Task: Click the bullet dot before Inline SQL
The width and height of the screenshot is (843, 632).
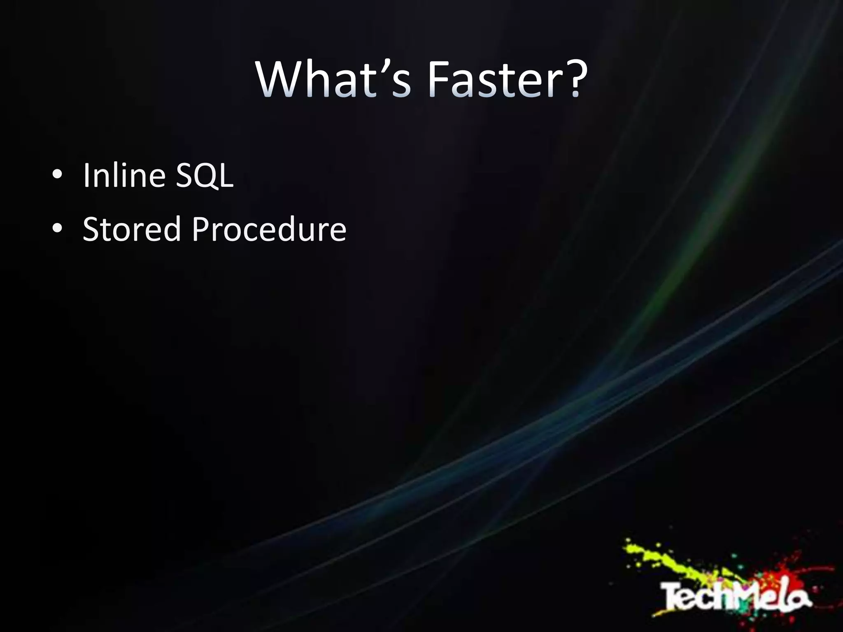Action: pyautogui.click(x=57, y=175)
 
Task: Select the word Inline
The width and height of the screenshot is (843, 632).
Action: pyautogui.click(x=123, y=175)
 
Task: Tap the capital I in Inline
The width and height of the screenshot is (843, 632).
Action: pyautogui.click(x=86, y=175)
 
